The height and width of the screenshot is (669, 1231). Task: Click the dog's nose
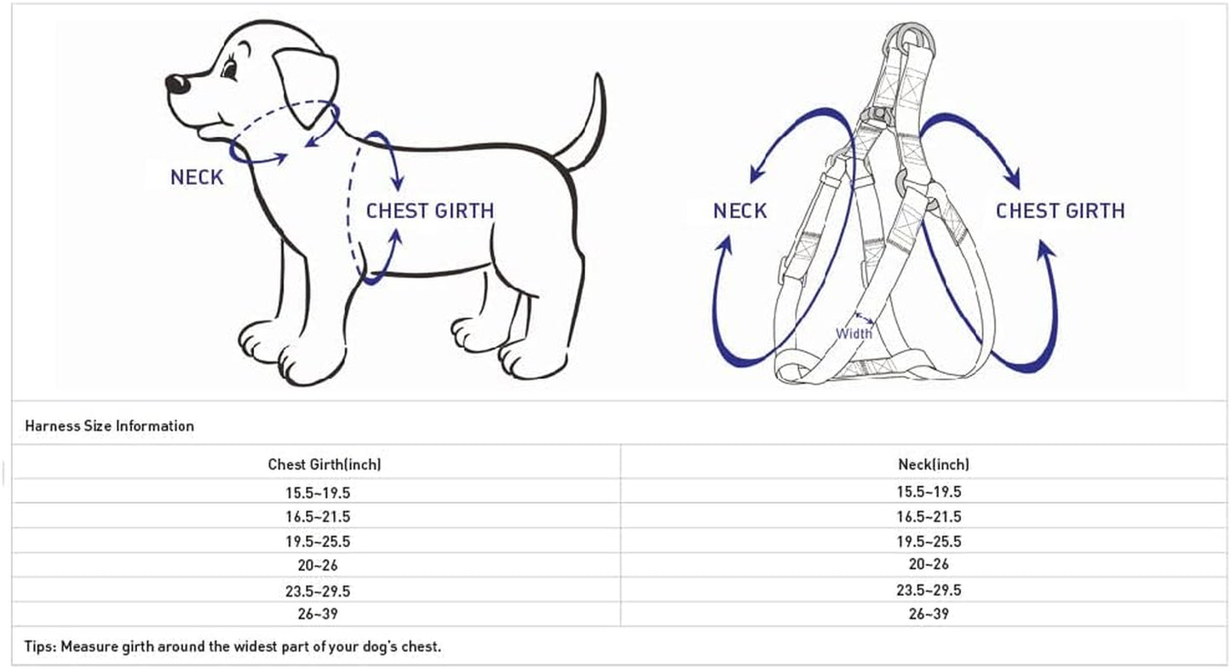click(x=177, y=84)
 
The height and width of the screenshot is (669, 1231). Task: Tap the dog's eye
click(x=230, y=69)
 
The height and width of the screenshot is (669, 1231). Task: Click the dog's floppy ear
click(x=306, y=86)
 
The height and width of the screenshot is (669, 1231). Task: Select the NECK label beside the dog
click(x=197, y=177)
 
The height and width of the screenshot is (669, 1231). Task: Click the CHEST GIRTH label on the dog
click(x=429, y=211)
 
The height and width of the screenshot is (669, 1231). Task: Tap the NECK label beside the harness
click(x=739, y=211)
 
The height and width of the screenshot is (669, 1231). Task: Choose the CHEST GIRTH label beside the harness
click(x=1060, y=211)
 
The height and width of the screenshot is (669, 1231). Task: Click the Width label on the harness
click(x=854, y=333)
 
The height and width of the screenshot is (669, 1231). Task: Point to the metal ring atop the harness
click(x=911, y=37)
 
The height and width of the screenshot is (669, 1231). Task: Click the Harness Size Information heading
click(x=109, y=425)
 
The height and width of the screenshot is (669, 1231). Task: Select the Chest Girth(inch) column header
click(x=325, y=464)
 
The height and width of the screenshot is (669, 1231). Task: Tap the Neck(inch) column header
click(x=933, y=464)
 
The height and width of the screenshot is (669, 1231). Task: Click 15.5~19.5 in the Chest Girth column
click(x=318, y=493)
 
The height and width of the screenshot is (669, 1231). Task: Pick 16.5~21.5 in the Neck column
click(x=929, y=516)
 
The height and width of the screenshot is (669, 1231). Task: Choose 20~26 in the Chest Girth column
click(x=318, y=564)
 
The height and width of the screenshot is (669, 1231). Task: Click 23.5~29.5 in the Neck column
click(x=929, y=590)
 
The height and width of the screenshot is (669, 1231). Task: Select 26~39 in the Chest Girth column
click(x=318, y=614)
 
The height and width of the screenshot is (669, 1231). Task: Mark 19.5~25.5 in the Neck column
click(x=929, y=541)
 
